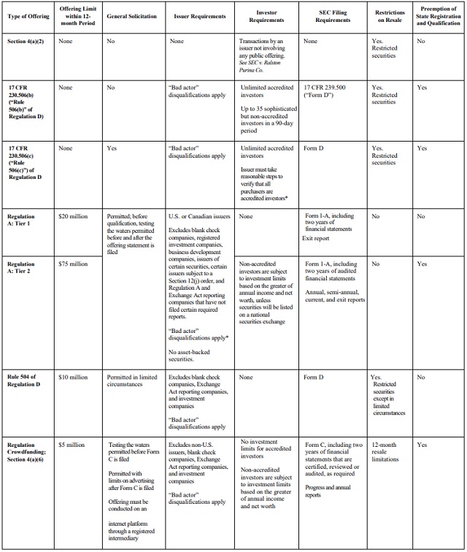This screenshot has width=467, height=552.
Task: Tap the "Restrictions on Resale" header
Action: tap(390, 15)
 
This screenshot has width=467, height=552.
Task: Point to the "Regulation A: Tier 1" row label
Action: tap(23, 221)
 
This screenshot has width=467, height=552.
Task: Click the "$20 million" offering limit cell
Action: tap(73, 217)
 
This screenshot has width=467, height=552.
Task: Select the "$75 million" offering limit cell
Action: tap(73, 263)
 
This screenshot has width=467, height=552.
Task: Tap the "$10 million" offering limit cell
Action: tap(73, 377)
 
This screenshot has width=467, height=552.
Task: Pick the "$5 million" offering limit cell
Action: tap(72, 445)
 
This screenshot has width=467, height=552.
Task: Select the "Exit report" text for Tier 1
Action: tap(317, 238)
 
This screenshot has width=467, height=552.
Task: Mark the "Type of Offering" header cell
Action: tap(27, 15)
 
